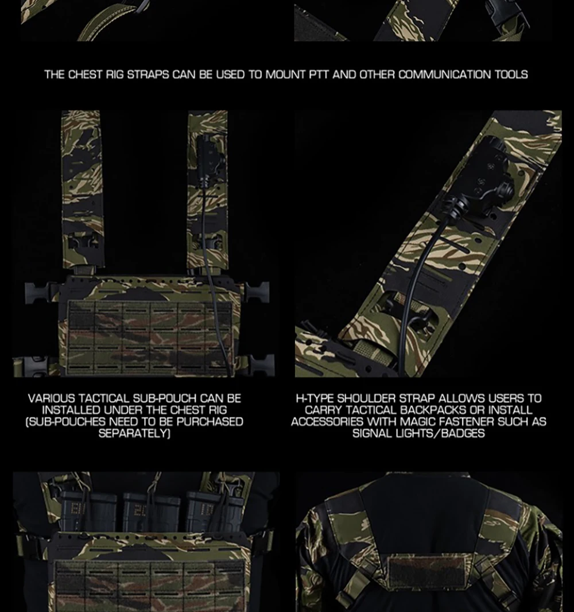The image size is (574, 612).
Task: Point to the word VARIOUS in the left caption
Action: [52, 398]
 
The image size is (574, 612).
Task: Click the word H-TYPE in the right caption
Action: [315, 398]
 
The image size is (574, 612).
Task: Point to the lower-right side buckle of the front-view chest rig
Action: [261, 365]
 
